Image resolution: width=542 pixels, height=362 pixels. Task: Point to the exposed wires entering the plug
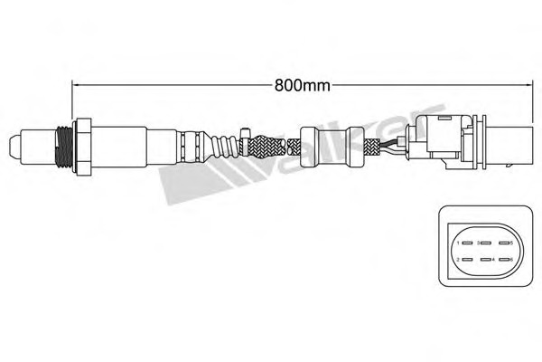(x=392, y=144)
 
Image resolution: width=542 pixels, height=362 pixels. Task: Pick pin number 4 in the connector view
(x=486, y=261)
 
